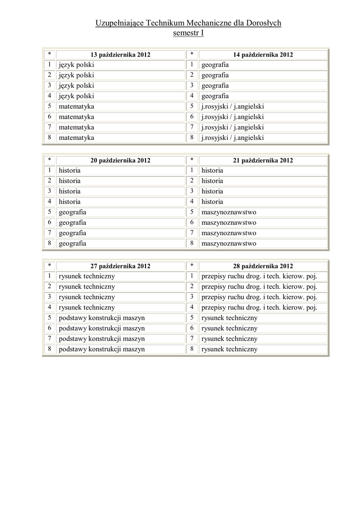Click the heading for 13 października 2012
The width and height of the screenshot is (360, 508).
120,55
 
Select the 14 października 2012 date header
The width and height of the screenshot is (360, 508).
263,55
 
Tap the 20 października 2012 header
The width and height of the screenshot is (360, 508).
120,160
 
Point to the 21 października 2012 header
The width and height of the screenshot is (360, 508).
263,160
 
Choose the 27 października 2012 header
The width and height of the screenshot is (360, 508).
120,266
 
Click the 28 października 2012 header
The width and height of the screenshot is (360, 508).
263,266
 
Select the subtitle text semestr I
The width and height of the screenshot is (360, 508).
188,33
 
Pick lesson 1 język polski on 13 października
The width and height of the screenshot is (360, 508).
76,65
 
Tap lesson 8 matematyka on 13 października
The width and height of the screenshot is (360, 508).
76,138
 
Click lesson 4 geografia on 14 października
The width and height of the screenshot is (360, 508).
215,96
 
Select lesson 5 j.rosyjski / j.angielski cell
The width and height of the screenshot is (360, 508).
232,107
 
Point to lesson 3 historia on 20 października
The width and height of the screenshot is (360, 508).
70,191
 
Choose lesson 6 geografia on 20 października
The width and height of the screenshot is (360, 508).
72,223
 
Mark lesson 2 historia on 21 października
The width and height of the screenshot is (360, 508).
212,181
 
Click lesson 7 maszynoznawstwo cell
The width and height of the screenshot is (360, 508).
228,233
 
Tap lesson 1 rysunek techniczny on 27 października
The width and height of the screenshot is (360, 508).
87,276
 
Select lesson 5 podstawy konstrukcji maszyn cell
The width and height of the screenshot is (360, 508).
102,318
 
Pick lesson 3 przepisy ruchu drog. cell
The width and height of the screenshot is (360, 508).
259,297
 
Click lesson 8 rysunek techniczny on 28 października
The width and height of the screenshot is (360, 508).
229,349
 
